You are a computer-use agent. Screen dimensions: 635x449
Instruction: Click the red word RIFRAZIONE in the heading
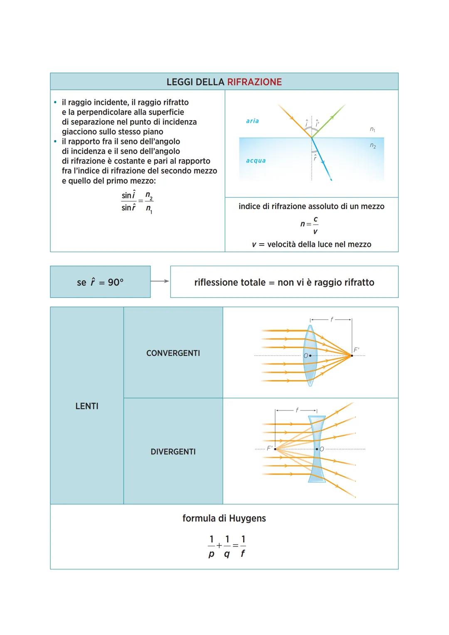point(254,82)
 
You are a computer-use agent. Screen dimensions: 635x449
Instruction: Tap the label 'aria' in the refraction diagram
point(252,121)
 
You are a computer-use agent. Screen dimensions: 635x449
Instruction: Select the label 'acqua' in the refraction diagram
point(256,161)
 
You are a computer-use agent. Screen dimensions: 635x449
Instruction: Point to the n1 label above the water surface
point(373,130)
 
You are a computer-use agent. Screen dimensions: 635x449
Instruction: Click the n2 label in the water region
point(373,146)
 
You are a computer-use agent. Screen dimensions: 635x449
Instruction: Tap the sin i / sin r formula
point(137,202)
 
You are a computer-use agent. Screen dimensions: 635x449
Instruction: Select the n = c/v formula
point(310,225)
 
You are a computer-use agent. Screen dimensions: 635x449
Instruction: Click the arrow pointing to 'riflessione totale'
point(160,282)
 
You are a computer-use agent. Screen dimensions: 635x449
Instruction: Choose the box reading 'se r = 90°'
point(100,282)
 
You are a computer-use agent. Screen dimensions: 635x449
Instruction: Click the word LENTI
point(87,406)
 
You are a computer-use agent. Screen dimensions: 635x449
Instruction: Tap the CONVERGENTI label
point(173,353)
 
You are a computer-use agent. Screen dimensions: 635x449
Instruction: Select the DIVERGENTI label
point(173,452)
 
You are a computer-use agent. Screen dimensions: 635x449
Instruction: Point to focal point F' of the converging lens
point(352,356)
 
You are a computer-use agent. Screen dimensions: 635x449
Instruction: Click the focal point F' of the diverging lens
point(275,449)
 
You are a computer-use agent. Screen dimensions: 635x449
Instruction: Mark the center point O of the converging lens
point(310,356)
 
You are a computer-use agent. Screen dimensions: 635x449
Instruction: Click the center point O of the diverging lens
point(317,449)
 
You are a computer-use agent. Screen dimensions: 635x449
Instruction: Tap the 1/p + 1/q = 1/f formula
point(227,546)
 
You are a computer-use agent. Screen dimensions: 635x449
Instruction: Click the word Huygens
point(247,519)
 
